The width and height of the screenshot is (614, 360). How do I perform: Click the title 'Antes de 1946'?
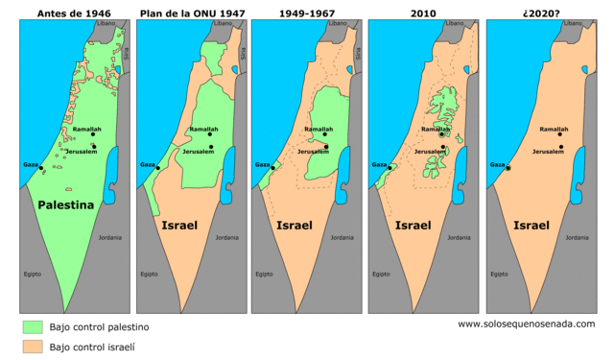pyautogui.click(x=74, y=13)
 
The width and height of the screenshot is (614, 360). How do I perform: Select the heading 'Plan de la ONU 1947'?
pyautogui.click(x=191, y=13)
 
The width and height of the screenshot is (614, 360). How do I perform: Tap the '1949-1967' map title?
pyautogui.click(x=308, y=13)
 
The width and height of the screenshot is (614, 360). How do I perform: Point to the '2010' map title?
pyautogui.click(x=425, y=13)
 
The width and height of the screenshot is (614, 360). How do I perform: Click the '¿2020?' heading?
pyautogui.click(x=542, y=13)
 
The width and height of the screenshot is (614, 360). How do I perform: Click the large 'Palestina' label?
pyautogui.click(x=65, y=205)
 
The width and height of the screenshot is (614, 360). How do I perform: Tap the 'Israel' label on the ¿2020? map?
pyautogui.click(x=531, y=226)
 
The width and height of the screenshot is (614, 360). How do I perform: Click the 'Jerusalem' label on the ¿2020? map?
pyautogui.click(x=548, y=152)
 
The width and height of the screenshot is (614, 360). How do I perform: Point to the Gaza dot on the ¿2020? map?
pyautogui.click(x=508, y=169)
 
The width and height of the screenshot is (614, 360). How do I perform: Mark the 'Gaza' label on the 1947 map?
pyautogui.click(x=148, y=165)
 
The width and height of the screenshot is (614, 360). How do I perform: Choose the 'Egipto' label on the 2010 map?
pyautogui.click(x=381, y=274)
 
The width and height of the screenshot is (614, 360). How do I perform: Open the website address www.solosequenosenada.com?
pyautogui.click(x=526, y=324)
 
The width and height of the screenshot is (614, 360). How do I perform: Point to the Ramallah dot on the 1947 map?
pyautogui.click(x=210, y=134)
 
